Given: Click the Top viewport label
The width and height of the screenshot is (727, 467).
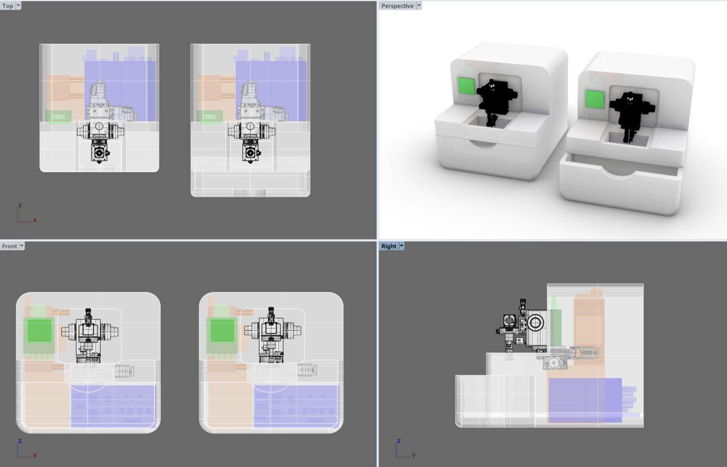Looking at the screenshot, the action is [8, 6].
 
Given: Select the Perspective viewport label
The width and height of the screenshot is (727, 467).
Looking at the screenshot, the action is [397, 6].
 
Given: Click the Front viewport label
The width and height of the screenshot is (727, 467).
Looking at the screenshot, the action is [9, 246].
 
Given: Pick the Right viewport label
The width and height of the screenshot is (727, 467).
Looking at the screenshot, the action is [389, 246].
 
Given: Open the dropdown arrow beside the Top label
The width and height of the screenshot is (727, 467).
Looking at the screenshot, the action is [18, 5].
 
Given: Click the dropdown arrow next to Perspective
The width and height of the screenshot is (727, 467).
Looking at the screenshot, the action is [419, 5].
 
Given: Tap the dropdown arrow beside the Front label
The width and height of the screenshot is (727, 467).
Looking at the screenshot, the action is [22, 246].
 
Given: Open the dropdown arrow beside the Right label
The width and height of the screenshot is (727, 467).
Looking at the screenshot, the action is [401, 246].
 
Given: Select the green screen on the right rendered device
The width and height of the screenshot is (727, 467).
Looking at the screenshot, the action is [595, 99].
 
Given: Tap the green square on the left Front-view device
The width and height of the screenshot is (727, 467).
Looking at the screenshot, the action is [39, 330].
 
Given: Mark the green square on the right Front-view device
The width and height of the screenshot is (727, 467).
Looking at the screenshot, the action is [223, 330].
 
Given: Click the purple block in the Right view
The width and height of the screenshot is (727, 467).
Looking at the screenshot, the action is [585, 400].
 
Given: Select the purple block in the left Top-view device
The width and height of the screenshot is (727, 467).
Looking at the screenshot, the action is [120, 91].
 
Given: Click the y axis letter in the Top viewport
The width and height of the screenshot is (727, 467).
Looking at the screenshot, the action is [20, 205].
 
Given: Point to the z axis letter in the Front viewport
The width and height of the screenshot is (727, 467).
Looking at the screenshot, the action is [20, 441].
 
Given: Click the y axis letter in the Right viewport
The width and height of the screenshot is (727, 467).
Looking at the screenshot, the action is [414, 455].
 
